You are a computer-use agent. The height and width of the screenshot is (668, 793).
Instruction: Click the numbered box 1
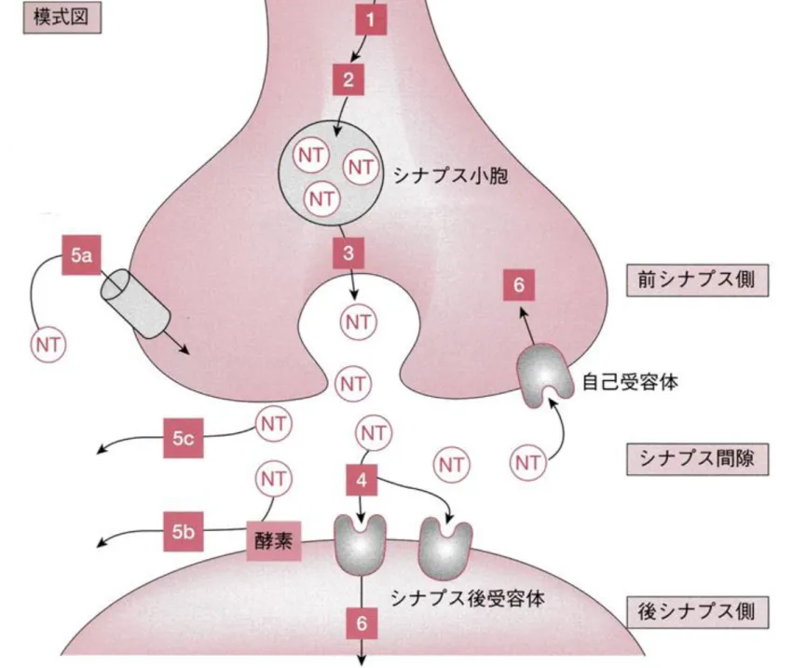tap(371, 20)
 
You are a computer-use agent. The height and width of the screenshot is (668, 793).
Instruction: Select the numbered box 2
tap(349, 79)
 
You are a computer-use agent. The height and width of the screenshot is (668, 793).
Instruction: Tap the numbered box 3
tap(349, 252)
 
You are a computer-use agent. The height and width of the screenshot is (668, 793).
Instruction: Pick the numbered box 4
tap(362, 480)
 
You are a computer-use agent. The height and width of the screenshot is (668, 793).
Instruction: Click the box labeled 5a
tap(81, 255)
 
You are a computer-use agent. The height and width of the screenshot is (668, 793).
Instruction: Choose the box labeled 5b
tap(183, 531)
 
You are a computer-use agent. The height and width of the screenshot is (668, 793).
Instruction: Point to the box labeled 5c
tap(183, 438)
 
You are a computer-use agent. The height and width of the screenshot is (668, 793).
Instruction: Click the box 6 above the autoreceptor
tap(519, 285)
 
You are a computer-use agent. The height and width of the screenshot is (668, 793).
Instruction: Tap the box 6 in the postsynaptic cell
tap(362, 623)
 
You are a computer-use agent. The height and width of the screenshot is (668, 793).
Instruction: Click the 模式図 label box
tap(62, 17)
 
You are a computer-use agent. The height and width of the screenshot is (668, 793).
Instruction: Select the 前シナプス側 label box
tap(697, 280)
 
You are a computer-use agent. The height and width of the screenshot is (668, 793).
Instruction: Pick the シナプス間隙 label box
tap(697, 459)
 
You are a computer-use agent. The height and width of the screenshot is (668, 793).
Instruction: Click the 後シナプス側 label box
tap(697, 612)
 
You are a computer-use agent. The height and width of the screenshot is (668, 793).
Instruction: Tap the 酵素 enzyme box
tap(274, 541)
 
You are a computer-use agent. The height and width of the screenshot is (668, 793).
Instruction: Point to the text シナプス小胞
tap(451, 176)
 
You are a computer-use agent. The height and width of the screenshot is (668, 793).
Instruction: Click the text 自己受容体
tap(630, 382)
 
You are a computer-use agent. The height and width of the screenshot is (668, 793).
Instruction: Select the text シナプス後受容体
tap(468, 598)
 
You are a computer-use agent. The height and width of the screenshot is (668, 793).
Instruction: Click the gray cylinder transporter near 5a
tap(135, 304)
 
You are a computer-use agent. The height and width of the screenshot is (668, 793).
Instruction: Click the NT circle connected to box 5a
tap(48, 345)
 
